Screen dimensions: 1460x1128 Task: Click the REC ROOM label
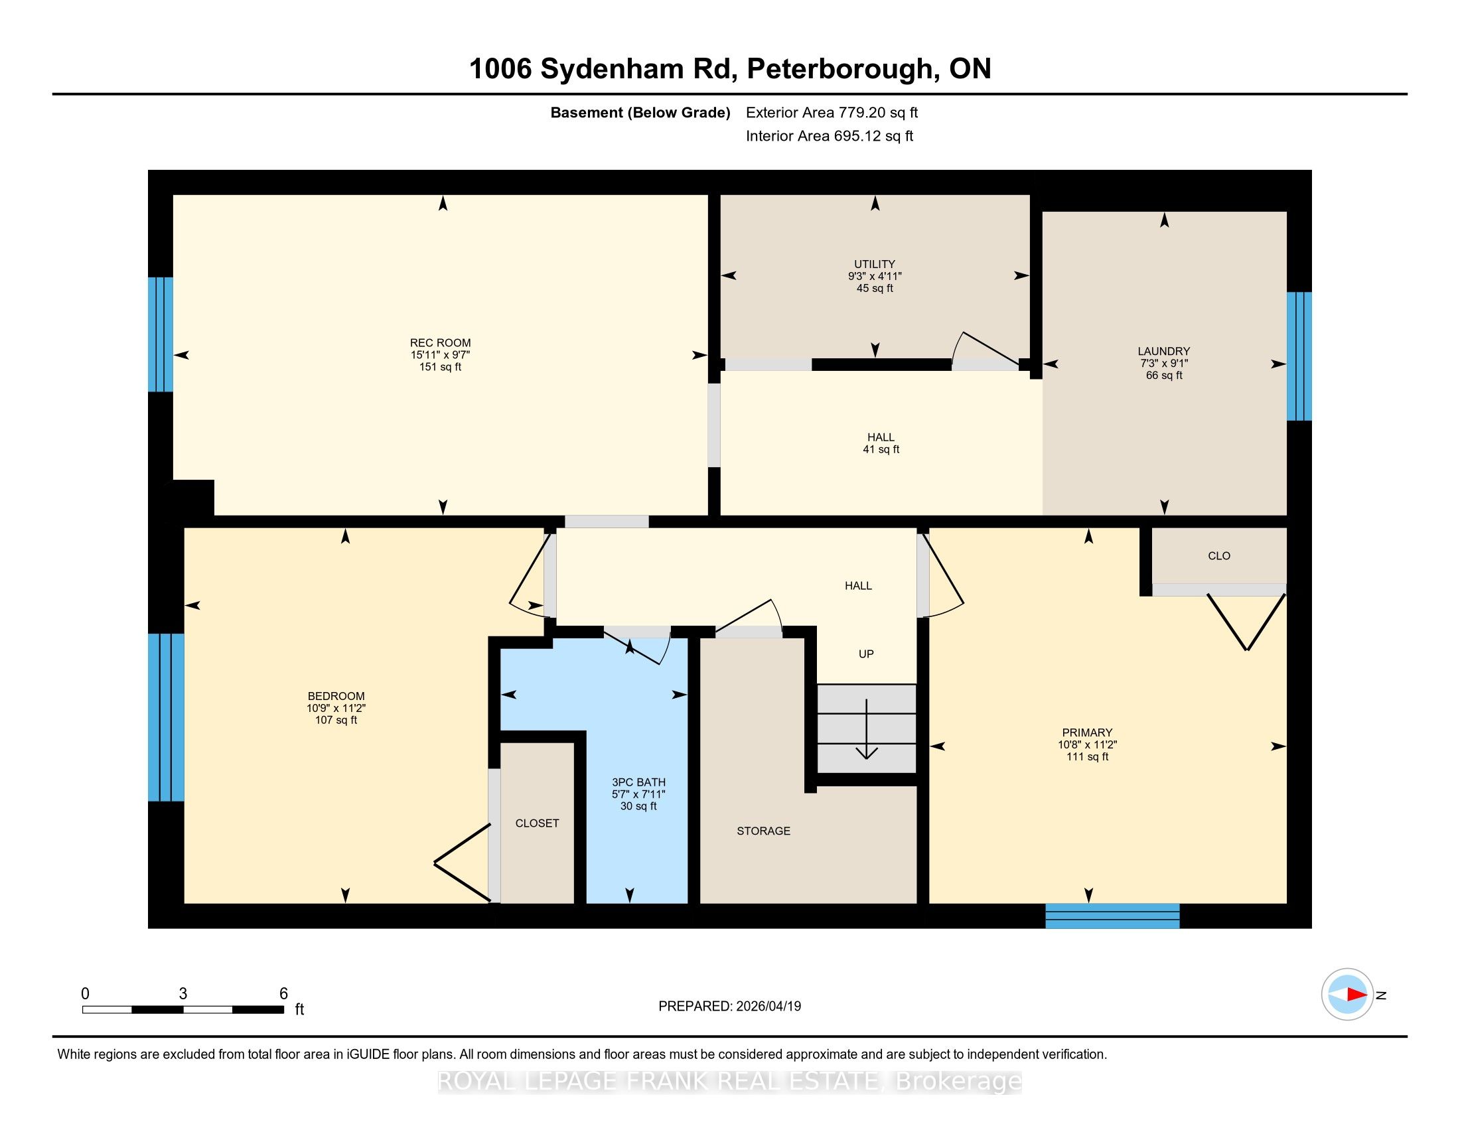pyautogui.click(x=440, y=343)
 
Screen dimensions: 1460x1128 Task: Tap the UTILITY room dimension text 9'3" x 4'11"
pyautogui.click(x=875, y=276)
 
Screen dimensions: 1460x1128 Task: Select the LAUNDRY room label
pyautogui.click(x=1164, y=351)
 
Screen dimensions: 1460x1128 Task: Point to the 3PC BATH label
pyautogui.click(x=638, y=782)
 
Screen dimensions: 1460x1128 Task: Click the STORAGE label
pyautogui.click(x=763, y=831)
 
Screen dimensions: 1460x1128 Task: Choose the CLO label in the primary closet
pyautogui.click(x=1218, y=555)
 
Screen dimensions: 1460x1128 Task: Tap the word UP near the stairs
pyautogui.click(x=865, y=654)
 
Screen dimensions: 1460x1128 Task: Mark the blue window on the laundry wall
pyautogui.click(x=1299, y=356)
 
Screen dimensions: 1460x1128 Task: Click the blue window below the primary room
pyautogui.click(x=1112, y=916)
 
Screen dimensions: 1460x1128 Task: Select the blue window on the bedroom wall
pyautogui.click(x=166, y=717)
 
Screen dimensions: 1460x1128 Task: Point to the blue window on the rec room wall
pyautogui.click(x=161, y=334)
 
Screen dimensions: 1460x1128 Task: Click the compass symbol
pyautogui.click(x=1347, y=995)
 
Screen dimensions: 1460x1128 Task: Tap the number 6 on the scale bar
pyautogui.click(x=283, y=994)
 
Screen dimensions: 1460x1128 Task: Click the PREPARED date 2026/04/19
pyautogui.click(x=767, y=1007)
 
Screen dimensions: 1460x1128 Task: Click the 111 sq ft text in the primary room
pyautogui.click(x=1087, y=756)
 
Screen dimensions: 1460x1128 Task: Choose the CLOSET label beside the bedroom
pyautogui.click(x=537, y=823)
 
